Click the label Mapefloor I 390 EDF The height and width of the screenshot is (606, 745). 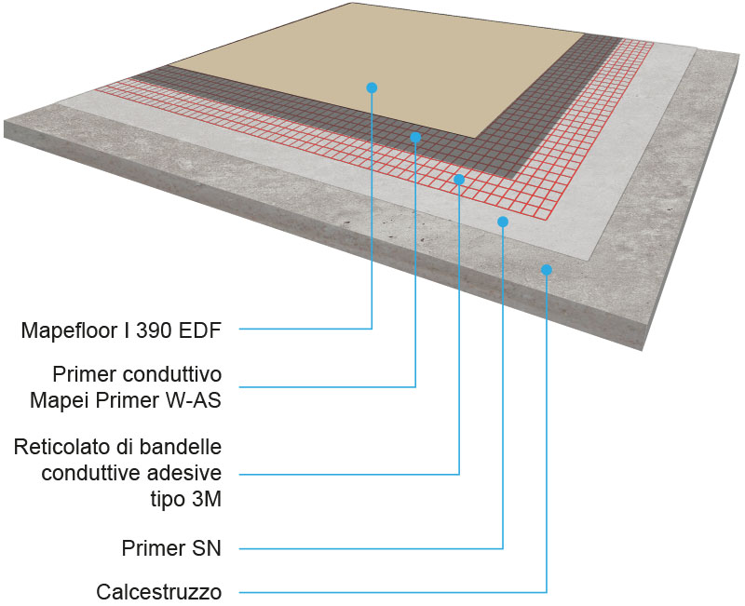pyautogui.click(x=123, y=330)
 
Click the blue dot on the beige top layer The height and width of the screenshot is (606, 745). pyautogui.click(x=372, y=88)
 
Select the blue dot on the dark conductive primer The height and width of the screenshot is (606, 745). pyautogui.click(x=415, y=137)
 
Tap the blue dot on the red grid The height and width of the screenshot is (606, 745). pyautogui.click(x=459, y=179)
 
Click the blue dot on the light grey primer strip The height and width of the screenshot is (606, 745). pyautogui.click(x=503, y=222)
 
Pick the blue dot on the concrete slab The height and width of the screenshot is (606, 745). pyautogui.click(x=547, y=270)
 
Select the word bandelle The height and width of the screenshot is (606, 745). pyautogui.click(x=185, y=448)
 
